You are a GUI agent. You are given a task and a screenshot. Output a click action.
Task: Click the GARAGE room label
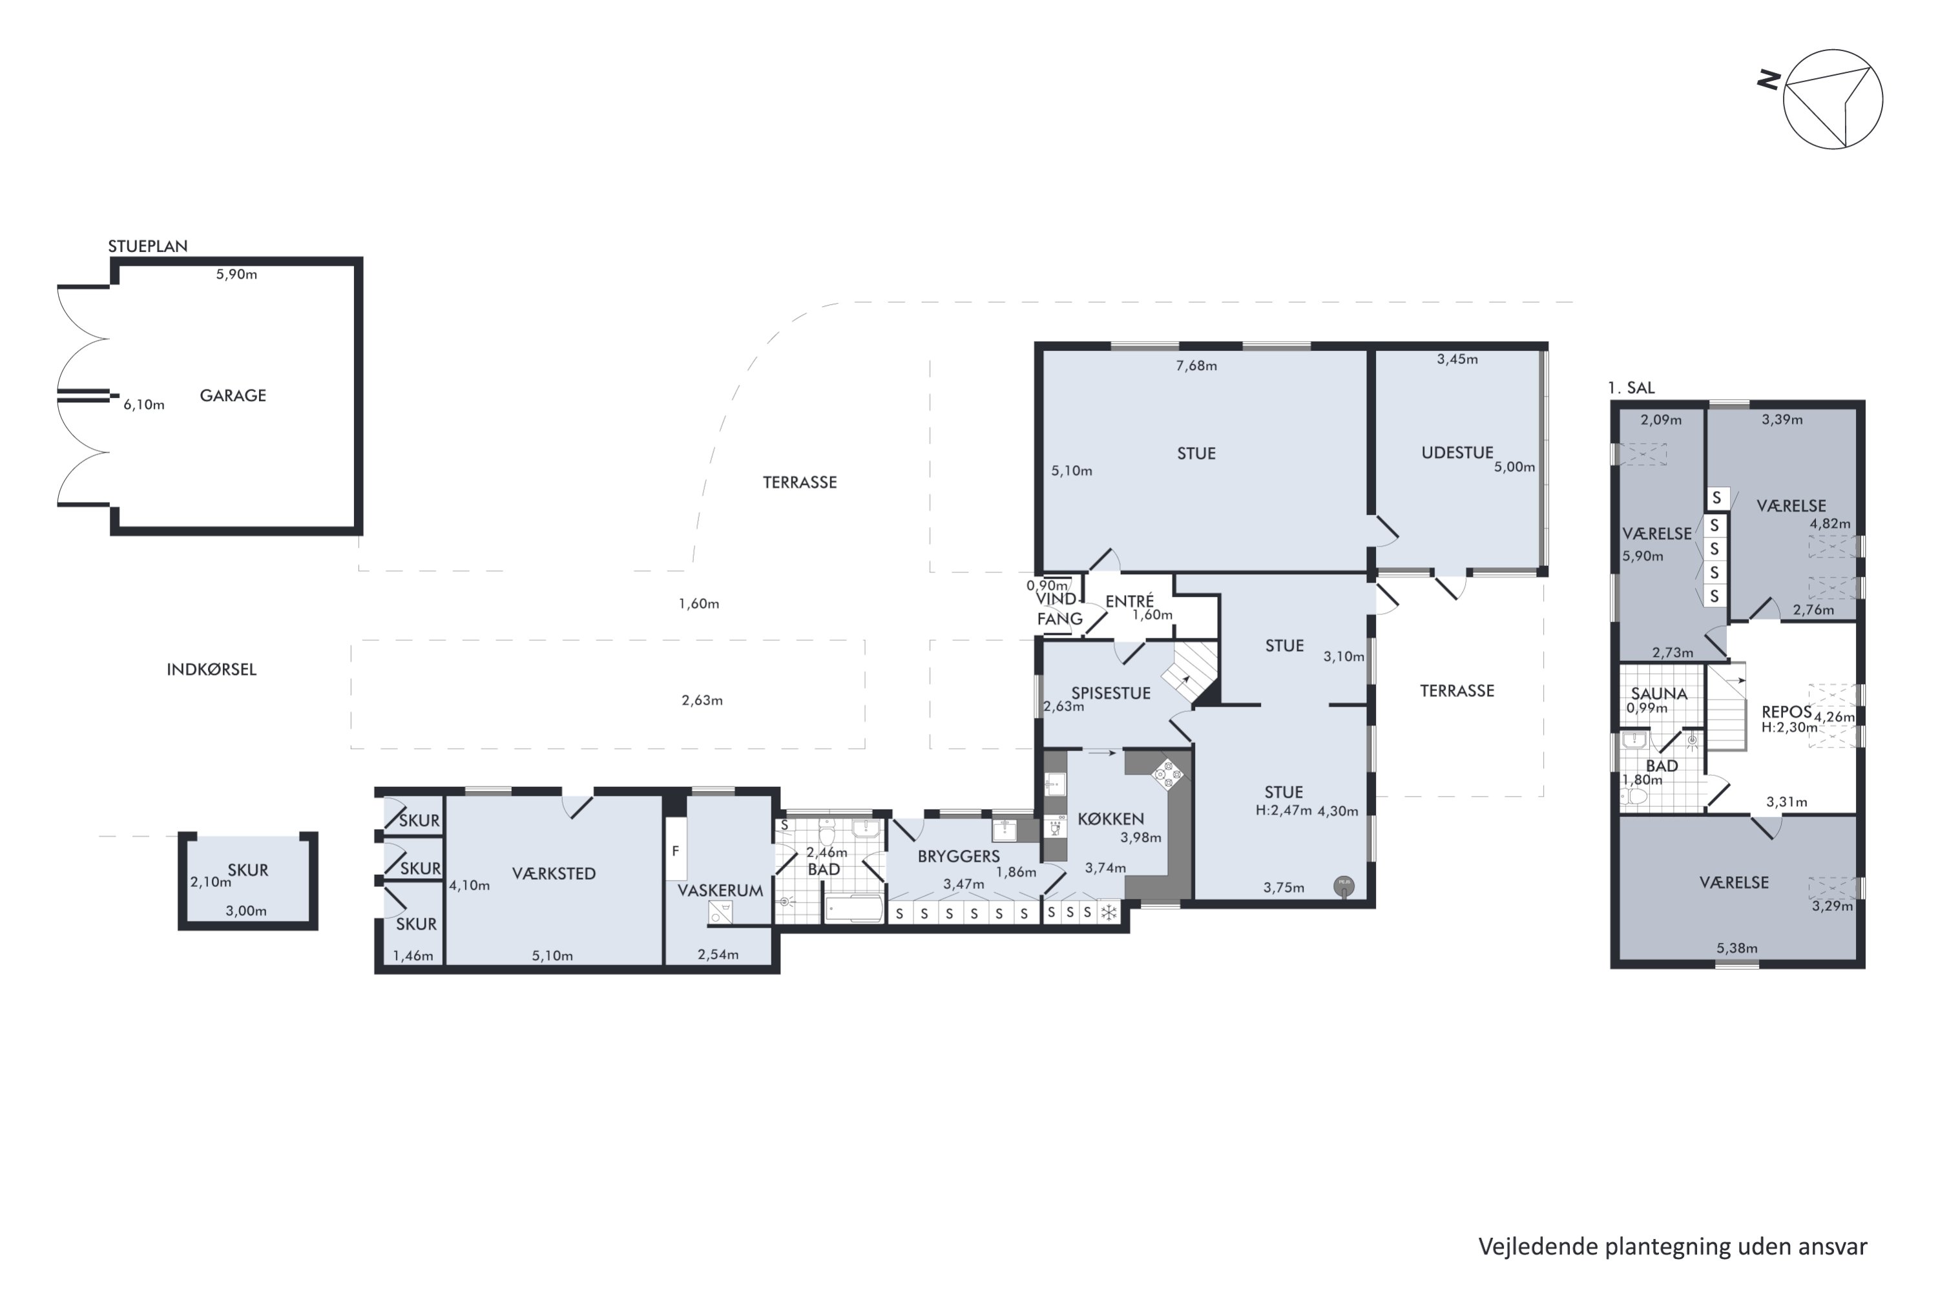[233, 395]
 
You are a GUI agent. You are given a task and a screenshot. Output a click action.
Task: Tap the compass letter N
[1768, 80]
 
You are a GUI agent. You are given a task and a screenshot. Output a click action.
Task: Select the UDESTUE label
[1457, 452]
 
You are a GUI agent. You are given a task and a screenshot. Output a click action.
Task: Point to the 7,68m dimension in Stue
[1196, 366]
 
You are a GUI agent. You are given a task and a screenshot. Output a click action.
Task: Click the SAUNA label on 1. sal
[1659, 694]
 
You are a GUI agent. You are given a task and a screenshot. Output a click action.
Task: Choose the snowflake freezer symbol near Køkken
[1110, 912]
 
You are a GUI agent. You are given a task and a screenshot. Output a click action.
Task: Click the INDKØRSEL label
[212, 669]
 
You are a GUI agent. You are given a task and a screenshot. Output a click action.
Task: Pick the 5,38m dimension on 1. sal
[1737, 948]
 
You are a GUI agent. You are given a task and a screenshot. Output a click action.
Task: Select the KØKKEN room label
[1110, 819]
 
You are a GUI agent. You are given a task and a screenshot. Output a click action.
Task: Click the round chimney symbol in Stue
[1344, 886]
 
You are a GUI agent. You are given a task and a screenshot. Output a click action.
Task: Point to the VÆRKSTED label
[554, 873]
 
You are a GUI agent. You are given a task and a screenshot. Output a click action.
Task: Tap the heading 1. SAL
[1631, 387]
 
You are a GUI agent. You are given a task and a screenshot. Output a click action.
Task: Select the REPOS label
[1786, 712]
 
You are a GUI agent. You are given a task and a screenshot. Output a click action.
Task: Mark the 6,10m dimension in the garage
[144, 404]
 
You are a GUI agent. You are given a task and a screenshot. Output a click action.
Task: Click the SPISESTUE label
[1110, 693]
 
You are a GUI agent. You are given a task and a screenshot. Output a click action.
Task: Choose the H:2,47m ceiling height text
[1284, 811]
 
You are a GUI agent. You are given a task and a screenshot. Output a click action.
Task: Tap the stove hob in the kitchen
[1167, 775]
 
